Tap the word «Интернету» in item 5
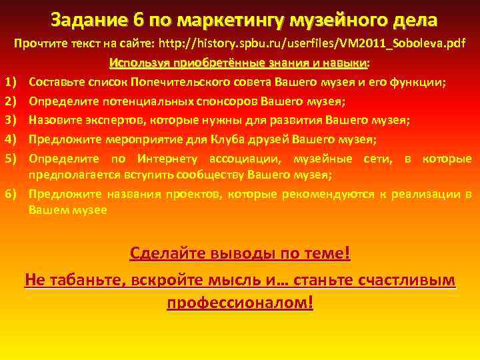(164, 159)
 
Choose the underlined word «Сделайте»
(167, 255)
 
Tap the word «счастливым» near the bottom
(405, 279)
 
